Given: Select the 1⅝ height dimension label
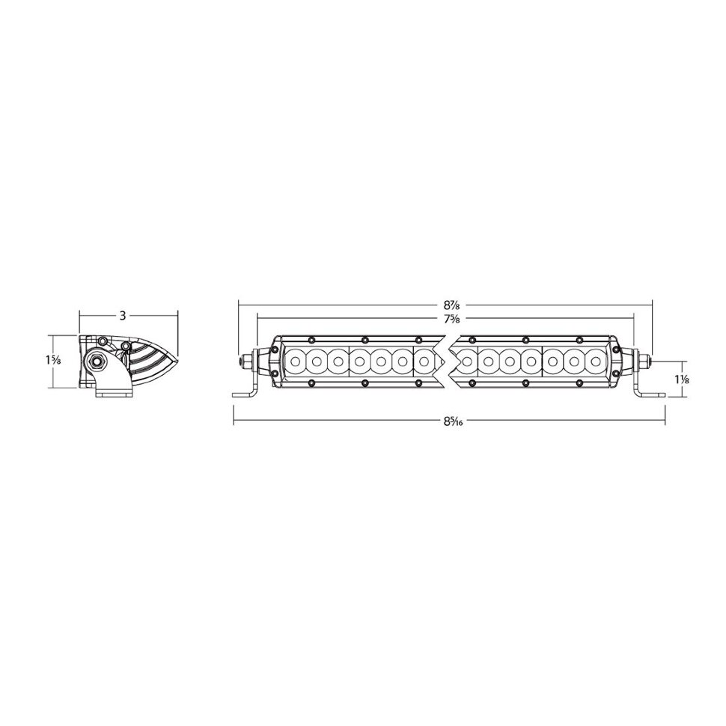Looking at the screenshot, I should point(53,361).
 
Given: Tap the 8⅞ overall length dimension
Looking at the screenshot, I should point(451,305).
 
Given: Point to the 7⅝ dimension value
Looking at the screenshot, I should point(451,319).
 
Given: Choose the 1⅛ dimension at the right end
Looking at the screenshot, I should point(681,379).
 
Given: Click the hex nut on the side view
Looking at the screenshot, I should point(97,362).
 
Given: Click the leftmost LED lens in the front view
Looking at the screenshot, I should point(296,362).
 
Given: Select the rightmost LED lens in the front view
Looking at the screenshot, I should point(597,362).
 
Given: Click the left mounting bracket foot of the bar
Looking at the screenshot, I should point(244,394).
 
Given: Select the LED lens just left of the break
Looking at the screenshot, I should point(425,362).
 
